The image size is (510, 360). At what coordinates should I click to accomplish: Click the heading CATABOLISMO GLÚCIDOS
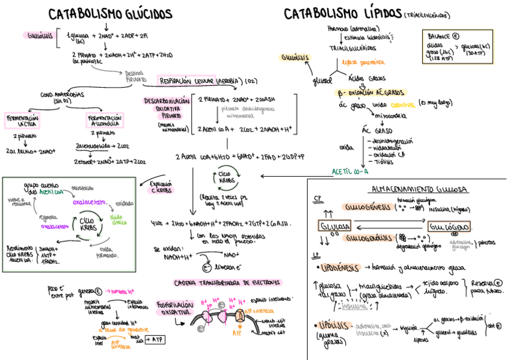(x=110, y=14)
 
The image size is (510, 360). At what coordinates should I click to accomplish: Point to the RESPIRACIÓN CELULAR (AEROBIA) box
(x=200, y=81)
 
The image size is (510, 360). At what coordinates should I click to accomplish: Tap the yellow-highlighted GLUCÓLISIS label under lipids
(x=295, y=57)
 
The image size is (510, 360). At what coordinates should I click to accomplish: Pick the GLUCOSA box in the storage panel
(x=335, y=227)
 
